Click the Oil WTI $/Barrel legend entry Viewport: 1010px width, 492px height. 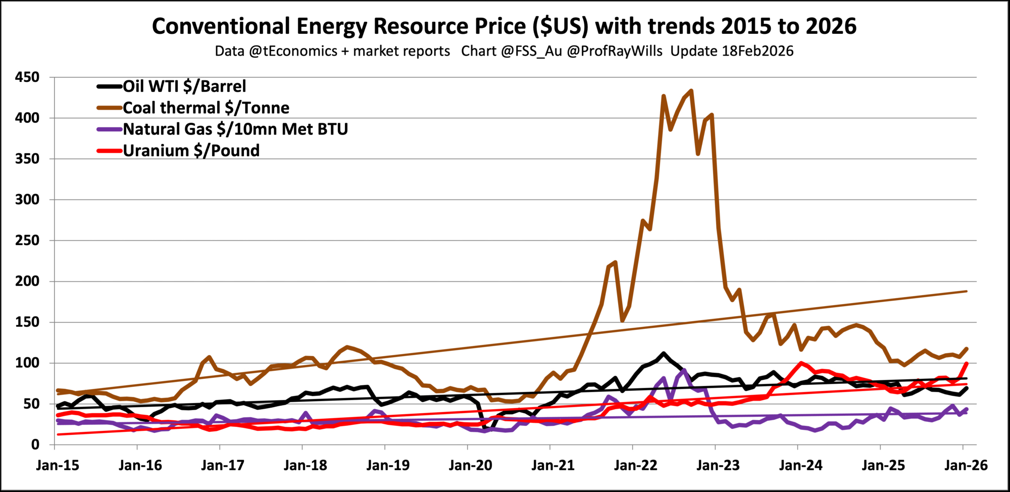(x=184, y=86)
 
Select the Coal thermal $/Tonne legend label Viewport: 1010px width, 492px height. (x=206, y=108)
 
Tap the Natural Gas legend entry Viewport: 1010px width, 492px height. (x=235, y=129)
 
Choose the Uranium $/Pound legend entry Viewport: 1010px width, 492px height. (x=191, y=151)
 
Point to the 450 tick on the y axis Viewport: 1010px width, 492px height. (x=27, y=77)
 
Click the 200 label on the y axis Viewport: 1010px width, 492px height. (x=27, y=281)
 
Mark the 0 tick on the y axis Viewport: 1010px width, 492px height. (x=35, y=445)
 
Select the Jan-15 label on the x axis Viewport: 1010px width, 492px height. (x=58, y=465)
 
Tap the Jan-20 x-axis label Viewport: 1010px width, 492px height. (x=470, y=465)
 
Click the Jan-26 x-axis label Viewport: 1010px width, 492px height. (x=966, y=465)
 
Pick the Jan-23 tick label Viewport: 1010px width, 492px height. (x=718, y=465)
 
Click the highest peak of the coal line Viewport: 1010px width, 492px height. (x=691, y=91)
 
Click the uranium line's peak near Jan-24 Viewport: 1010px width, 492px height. (x=801, y=363)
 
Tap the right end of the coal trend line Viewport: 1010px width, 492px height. (x=966, y=291)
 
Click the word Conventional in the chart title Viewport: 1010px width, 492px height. (x=221, y=26)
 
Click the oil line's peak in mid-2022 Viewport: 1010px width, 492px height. (x=663, y=354)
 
